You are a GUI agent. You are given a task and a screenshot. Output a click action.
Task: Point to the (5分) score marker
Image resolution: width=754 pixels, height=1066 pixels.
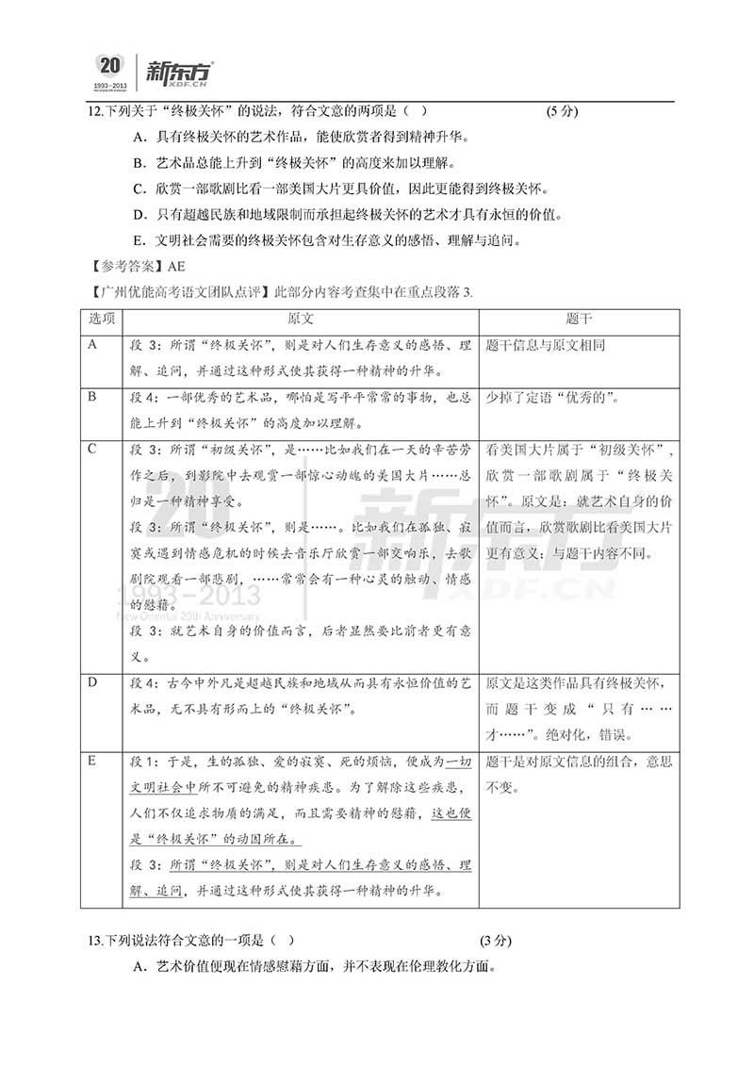tap(563, 111)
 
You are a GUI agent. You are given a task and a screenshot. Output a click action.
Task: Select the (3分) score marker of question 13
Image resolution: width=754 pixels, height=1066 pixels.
tap(496, 940)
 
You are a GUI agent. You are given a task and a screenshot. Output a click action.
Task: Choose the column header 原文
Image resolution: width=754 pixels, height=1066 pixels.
tap(301, 319)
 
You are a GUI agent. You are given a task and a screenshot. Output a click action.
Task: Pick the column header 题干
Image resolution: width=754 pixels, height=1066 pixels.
tap(580, 319)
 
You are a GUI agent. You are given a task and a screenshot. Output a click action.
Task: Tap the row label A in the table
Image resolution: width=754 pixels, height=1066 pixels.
tap(92, 345)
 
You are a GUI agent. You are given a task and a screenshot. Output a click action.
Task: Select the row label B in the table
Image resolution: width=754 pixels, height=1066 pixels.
tap(92, 397)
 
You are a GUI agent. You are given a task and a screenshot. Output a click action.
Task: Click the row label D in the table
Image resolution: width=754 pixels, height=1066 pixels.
tap(92, 681)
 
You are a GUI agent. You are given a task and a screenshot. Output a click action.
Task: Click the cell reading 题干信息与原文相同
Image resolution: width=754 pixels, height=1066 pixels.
tap(546, 346)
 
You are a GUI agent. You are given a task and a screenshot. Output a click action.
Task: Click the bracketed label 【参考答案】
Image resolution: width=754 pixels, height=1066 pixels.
tap(122, 266)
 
